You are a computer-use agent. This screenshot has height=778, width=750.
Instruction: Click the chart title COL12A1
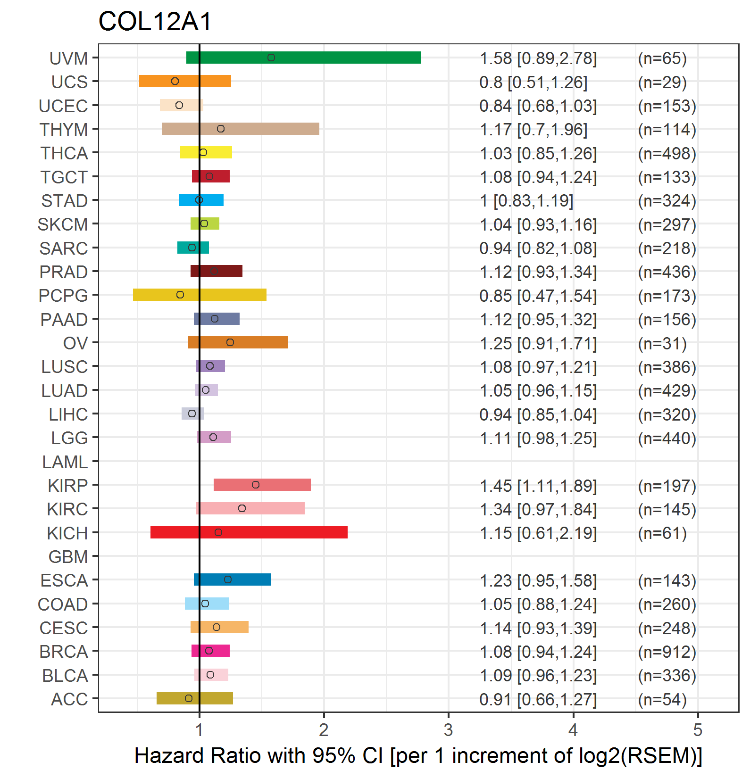(x=155, y=21)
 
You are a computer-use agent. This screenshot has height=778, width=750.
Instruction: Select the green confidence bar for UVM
(x=304, y=58)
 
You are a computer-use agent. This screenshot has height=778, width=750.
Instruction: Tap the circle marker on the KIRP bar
(x=256, y=485)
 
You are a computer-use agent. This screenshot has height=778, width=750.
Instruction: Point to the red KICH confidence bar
(x=249, y=532)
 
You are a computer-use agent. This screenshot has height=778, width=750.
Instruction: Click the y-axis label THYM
(x=64, y=130)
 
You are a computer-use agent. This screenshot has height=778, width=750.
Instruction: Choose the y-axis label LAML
(x=65, y=462)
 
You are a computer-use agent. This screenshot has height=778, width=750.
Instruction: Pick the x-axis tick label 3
(x=448, y=730)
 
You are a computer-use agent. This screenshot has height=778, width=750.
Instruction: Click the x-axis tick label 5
(x=698, y=730)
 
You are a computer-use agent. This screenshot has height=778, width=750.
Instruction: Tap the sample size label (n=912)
(x=667, y=652)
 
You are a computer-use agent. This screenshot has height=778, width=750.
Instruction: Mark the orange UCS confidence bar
(x=185, y=81)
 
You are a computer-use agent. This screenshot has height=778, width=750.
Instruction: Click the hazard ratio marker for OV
(x=230, y=342)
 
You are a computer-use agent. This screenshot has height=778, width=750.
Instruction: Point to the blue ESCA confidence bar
(x=233, y=579)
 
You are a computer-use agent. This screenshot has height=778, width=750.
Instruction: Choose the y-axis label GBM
(x=68, y=557)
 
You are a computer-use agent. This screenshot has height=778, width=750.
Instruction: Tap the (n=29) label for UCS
(x=662, y=83)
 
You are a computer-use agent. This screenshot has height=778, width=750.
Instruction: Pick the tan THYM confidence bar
(x=241, y=129)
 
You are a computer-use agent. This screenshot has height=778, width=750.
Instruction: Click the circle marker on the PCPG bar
(x=180, y=295)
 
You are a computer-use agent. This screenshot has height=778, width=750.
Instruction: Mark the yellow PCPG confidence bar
(x=200, y=295)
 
